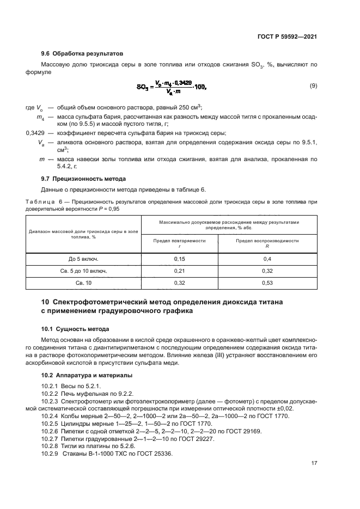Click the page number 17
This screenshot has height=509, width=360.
[314, 463]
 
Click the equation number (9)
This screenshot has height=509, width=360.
[313, 86]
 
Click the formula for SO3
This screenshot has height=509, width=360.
[173, 87]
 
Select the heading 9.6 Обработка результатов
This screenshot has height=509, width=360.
[82, 53]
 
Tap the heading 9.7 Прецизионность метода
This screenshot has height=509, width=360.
[83, 179]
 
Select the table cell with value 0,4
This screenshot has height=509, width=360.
[267, 259]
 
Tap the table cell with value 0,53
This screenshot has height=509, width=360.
[267, 283]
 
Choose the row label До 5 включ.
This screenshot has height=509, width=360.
[83, 259]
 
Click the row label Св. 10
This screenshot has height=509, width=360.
[83, 283]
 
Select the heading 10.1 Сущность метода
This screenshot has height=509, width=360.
[75, 329]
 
